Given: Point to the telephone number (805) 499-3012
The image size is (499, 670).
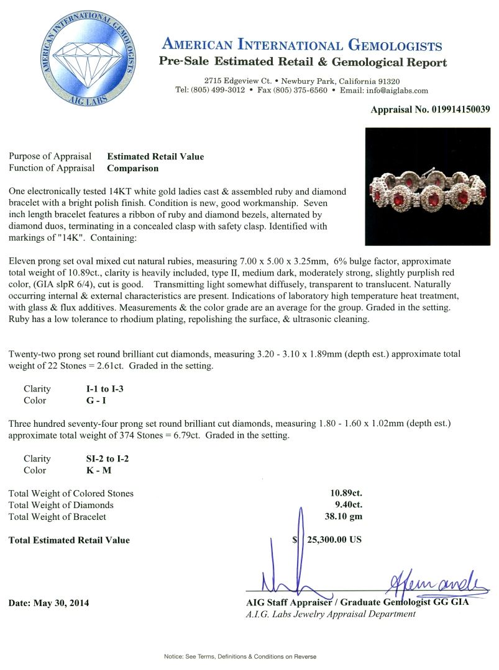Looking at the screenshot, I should tap(217, 91).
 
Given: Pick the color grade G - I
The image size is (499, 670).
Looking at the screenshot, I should tap(96, 401).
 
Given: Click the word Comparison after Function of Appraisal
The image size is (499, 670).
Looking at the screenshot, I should tap(133, 168).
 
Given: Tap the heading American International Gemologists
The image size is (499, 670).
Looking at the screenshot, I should tap(302, 45).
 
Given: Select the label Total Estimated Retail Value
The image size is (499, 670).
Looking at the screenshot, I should tap(69, 540).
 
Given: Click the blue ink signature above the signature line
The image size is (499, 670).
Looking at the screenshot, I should tap(429, 583).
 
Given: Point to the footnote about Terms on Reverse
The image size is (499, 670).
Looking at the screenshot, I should tap(240, 656).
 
